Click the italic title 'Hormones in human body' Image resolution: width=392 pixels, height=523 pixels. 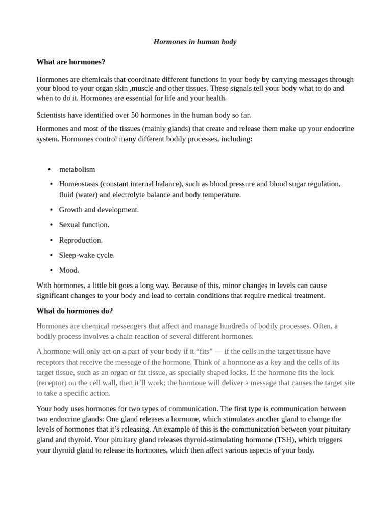coord(195,42)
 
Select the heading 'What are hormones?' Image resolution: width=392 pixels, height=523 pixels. coord(70,62)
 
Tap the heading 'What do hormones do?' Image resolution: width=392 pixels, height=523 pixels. coord(75,311)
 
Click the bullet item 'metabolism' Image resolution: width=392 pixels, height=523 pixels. coord(77,169)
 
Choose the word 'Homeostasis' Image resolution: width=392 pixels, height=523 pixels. coord(79,184)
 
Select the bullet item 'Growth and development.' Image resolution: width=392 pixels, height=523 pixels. coord(99,209)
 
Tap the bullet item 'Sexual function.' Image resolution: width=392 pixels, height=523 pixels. coord(84,225)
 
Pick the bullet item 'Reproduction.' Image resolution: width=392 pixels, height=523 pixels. coord(81,240)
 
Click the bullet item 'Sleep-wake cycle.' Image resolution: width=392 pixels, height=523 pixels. coord(87,255)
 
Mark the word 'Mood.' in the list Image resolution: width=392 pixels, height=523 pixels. coord(69,270)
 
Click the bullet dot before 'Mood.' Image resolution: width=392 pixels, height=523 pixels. coord(51,270)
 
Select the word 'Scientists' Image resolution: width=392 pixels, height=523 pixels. coord(54,115)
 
